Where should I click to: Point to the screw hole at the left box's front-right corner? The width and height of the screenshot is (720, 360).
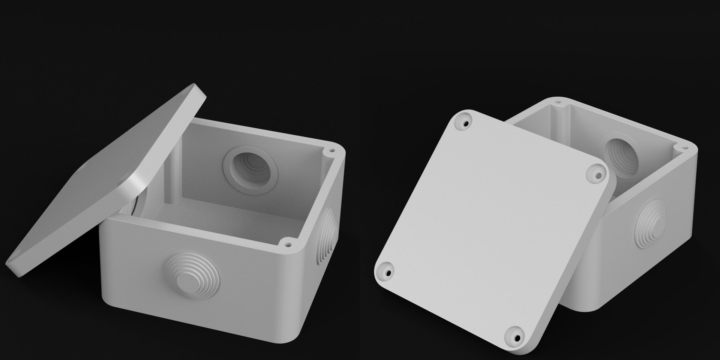[x=288, y=244]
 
